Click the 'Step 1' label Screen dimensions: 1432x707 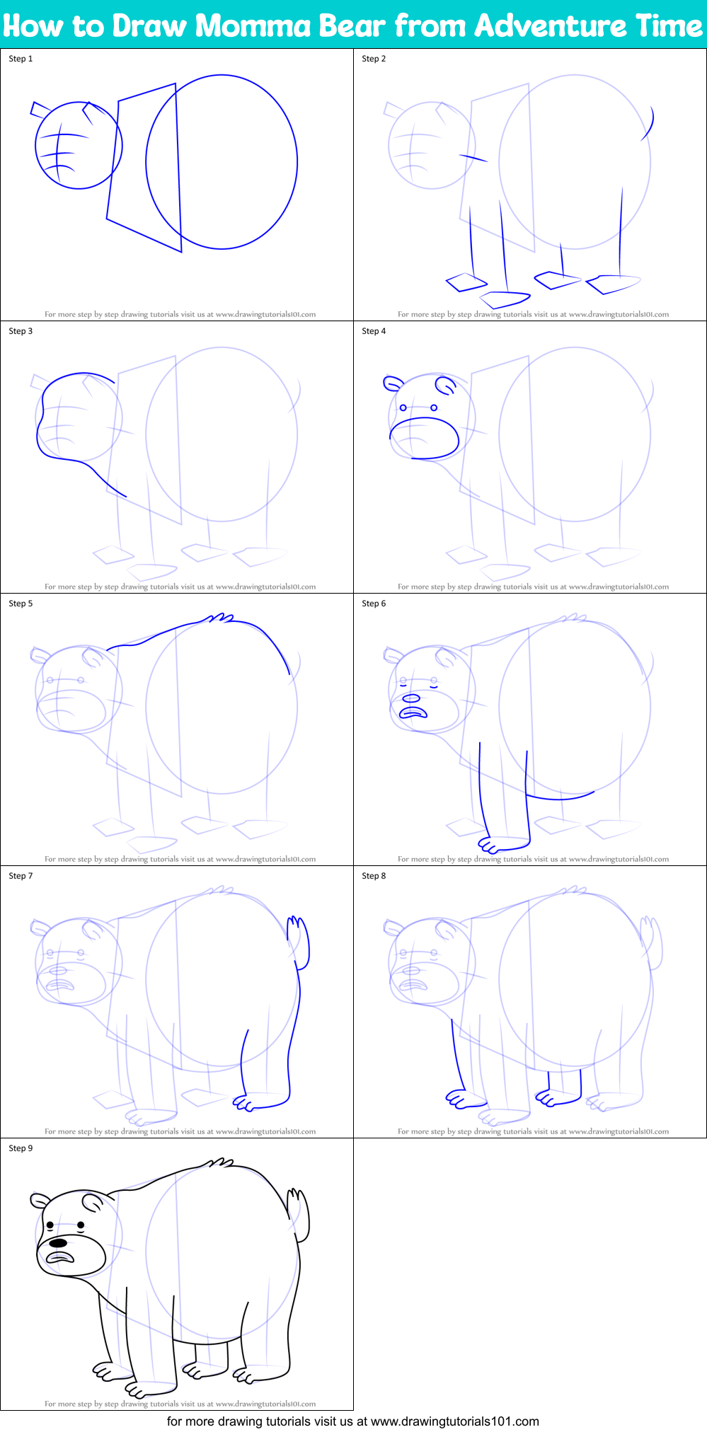pyautogui.click(x=21, y=59)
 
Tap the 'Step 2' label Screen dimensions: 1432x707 pyautogui.click(x=374, y=59)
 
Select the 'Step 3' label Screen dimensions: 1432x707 pyautogui.click(x=21, y=331)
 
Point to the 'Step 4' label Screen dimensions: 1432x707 pyautogui.click(x=374, y=331)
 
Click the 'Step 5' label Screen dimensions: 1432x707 pyautogui.click(x=21, y=604)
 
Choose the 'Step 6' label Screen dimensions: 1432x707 pyautogui.click(x=374, y=604)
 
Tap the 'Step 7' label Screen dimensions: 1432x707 pyautogui.click(x=21, y=876)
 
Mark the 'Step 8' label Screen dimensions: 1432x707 pyautogui.click(x=374, y=876)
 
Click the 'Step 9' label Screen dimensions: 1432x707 pyautogui.click(x=21, y=1148)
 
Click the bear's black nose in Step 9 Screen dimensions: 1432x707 pyautogui.click(x=57, y=1242)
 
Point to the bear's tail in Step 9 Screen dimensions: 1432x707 pyautogui.click(x=299, y=1214)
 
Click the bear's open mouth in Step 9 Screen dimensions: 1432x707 pyautogui.click(x=61, y=1257)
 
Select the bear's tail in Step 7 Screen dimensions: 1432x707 pyautogui.click(x=299, y=941)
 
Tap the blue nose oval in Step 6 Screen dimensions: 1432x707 pyautogui.click(x=411, y=699)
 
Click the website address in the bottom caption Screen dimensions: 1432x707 pyautogui.click(x=454, y=1421)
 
